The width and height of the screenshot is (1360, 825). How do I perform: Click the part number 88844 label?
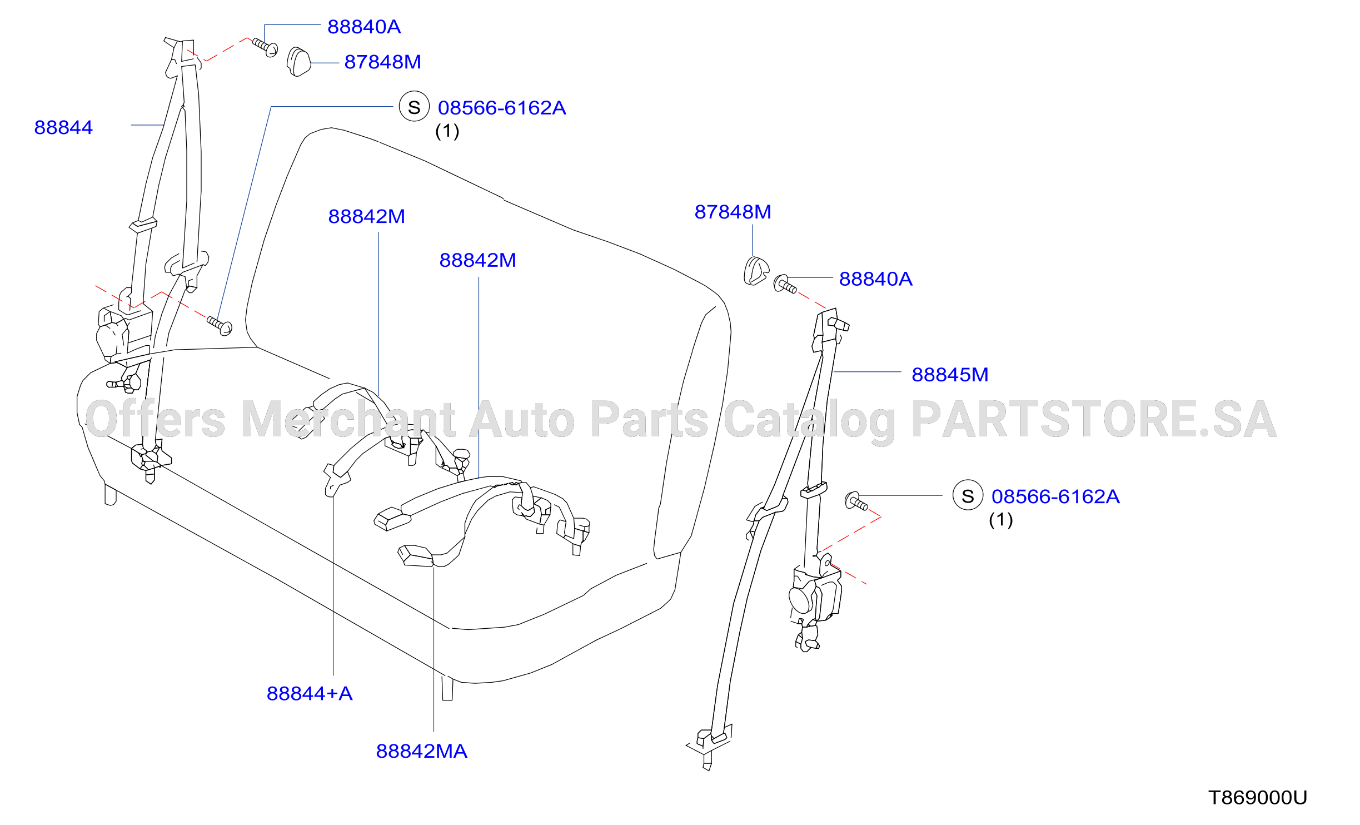63,127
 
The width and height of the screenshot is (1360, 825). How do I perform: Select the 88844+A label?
310,693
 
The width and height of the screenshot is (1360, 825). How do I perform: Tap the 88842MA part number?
421,751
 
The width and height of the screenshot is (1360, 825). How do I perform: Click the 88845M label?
950,375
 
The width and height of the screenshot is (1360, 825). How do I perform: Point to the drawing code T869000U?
1257,798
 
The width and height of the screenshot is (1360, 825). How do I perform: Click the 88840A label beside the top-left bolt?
364,27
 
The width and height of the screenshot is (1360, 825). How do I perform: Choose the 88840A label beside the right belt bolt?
875,279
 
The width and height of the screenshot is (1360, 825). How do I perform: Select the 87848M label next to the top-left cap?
382,62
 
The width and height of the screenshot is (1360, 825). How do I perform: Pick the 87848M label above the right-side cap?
733,212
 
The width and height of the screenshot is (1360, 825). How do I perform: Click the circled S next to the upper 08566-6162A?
414,107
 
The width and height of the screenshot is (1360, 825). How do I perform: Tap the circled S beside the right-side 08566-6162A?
968,495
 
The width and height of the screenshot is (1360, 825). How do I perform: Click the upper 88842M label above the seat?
366,216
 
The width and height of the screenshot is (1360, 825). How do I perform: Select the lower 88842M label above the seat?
477,260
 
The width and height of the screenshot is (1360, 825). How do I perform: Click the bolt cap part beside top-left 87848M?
298,62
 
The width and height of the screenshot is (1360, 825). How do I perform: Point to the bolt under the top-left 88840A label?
265,47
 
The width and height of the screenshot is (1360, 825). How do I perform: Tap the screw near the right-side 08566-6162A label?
856,501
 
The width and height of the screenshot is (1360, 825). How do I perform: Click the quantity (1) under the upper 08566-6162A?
447,131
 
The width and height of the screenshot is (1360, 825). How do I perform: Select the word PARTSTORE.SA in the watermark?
1093,420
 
